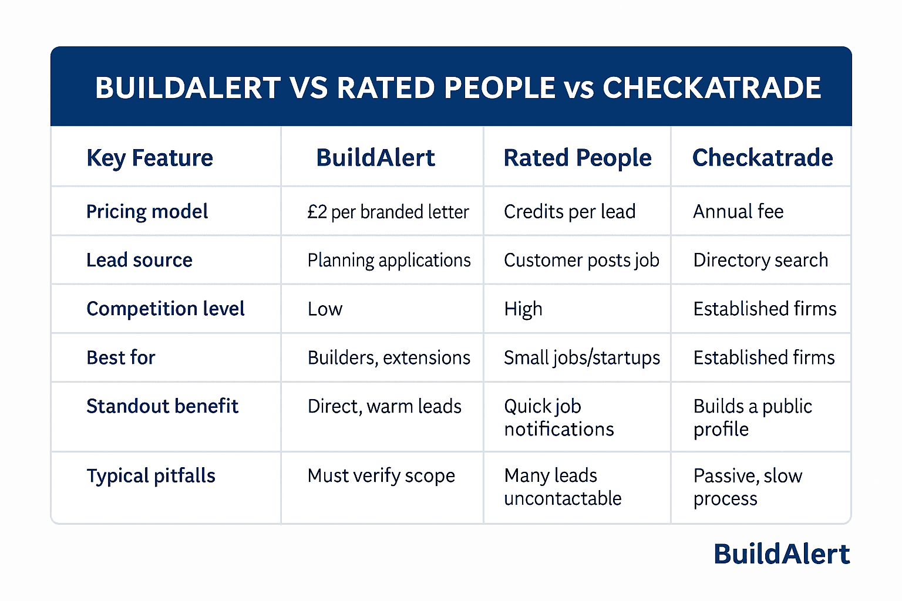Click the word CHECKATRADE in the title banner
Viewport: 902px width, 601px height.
click(711, 88)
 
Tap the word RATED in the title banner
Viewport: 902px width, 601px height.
click(385, 88)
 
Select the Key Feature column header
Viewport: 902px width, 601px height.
click(150, 158)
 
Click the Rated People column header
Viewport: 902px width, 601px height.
click(577, 158)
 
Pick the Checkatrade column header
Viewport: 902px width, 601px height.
click(762, 158)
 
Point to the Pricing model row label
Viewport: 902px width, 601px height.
click(147, 211)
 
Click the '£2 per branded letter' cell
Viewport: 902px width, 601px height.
click(388, 212)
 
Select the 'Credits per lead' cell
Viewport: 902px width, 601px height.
click(570, 211)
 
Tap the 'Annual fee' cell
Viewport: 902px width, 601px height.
click(738, 211)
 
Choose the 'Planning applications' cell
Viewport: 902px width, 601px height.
click(389, 260)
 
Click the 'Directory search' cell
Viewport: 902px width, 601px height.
click(760, 260)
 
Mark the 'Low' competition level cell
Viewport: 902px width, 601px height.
click(325, 309)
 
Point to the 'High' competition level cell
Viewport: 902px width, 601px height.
click(523, 309)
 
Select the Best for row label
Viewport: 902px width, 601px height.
click(121, 357)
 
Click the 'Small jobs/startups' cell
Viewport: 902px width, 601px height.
click(581, 357)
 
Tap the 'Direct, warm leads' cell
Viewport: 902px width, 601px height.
click(384, 406)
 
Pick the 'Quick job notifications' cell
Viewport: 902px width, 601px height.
click(558, 417)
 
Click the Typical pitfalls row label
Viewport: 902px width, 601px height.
click(151, 475)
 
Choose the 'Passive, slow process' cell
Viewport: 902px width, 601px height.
click(747, 487)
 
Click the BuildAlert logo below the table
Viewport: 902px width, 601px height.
click(782, 554)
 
